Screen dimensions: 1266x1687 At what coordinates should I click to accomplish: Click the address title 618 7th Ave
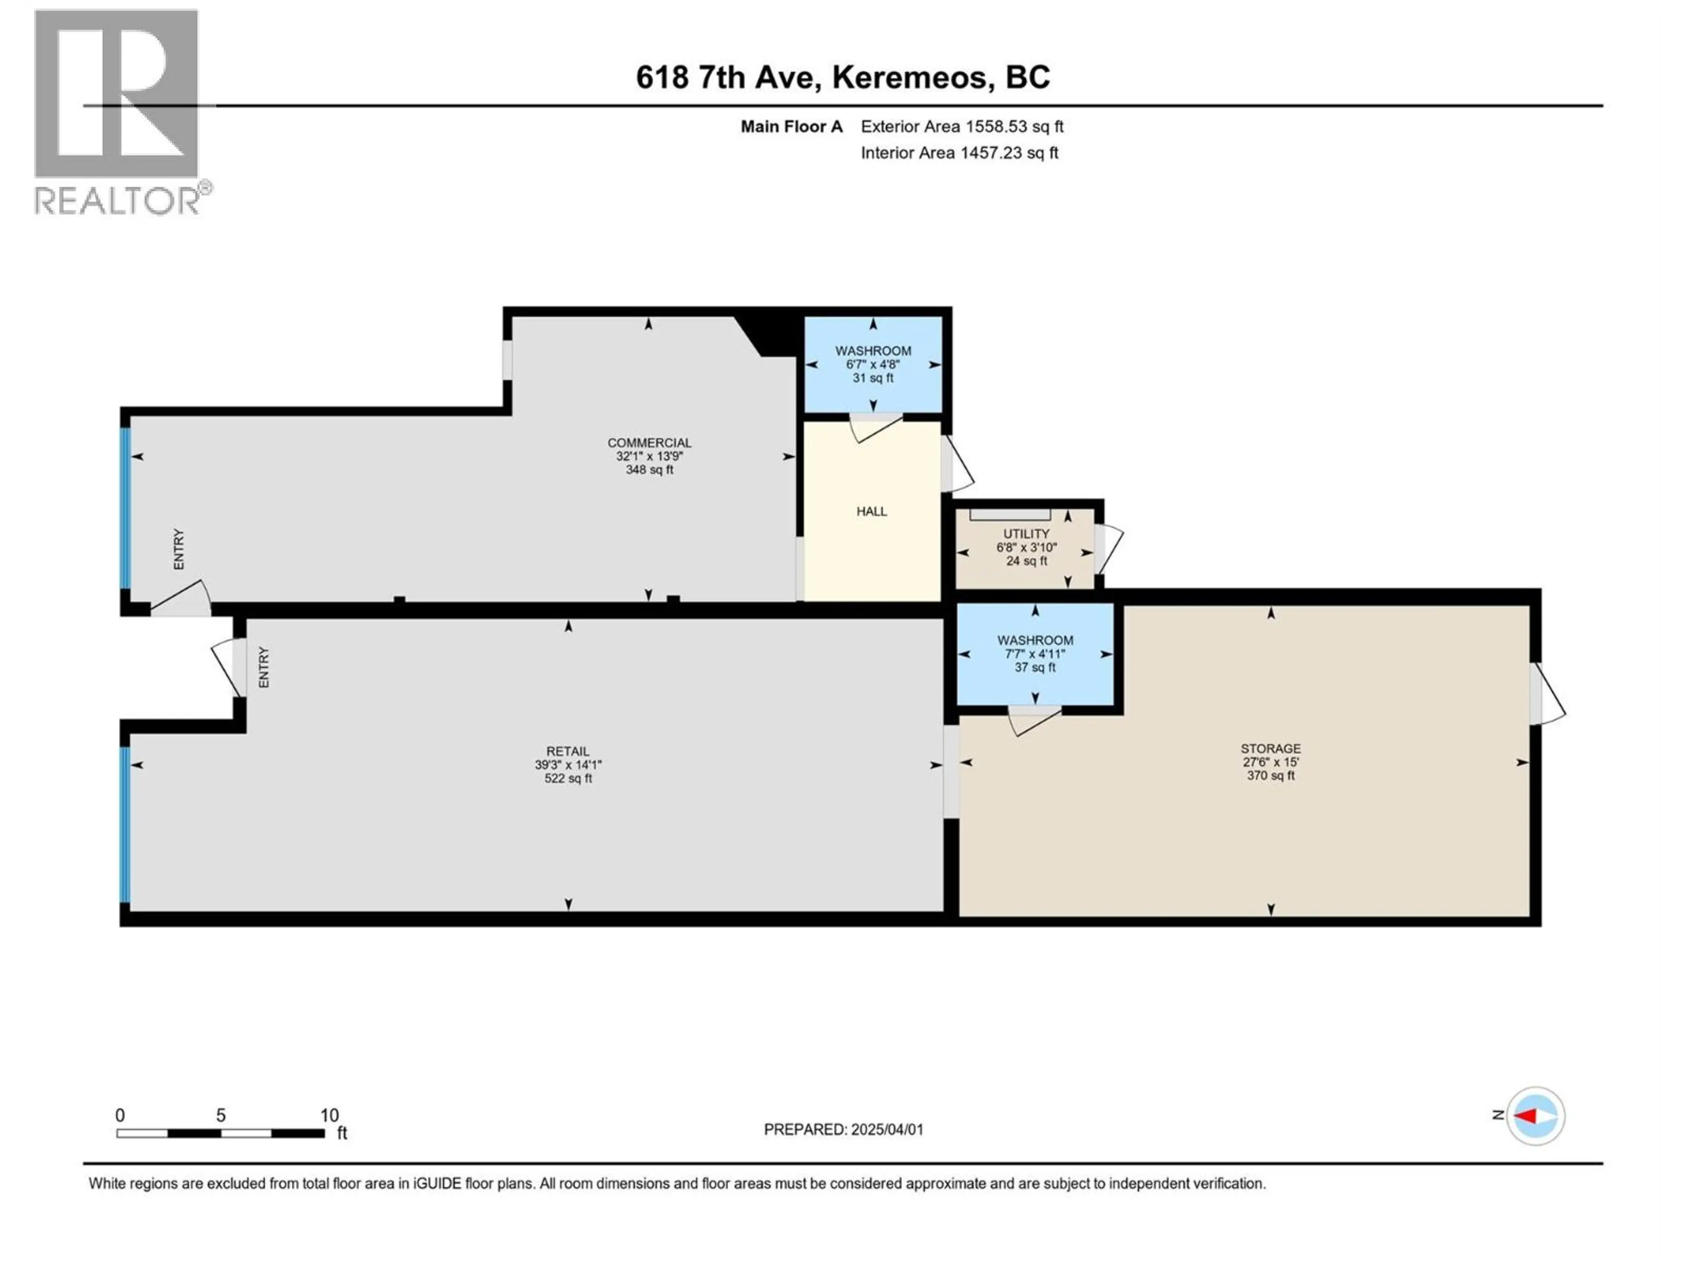pos(842,77)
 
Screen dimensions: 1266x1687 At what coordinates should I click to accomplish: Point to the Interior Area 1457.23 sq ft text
pos(959,153)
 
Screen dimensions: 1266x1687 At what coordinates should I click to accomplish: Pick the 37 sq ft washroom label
pos(1035,653)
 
